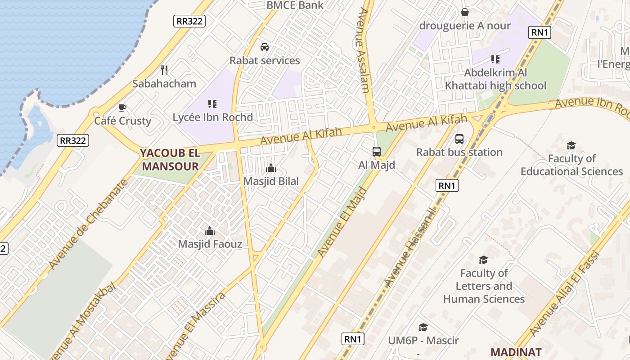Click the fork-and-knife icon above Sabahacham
point(164,70)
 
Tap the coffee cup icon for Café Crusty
point(122,108)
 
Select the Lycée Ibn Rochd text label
point(213,117)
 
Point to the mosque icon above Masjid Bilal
point(271,168)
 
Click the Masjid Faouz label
point(210,244)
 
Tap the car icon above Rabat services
point(265,47)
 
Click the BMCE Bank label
point(295,5)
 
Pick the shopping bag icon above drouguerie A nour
point(465,12)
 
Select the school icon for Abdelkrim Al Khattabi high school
point(495,59)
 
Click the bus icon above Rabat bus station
point(459,139)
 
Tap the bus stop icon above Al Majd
point(377,152)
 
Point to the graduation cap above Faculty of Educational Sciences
point(571,145)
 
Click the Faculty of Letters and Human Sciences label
point(484,286)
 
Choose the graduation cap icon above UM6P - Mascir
point(423,327)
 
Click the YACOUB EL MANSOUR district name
point(170,160)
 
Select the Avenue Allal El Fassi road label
point(565,292)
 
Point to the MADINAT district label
point(515,352)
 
